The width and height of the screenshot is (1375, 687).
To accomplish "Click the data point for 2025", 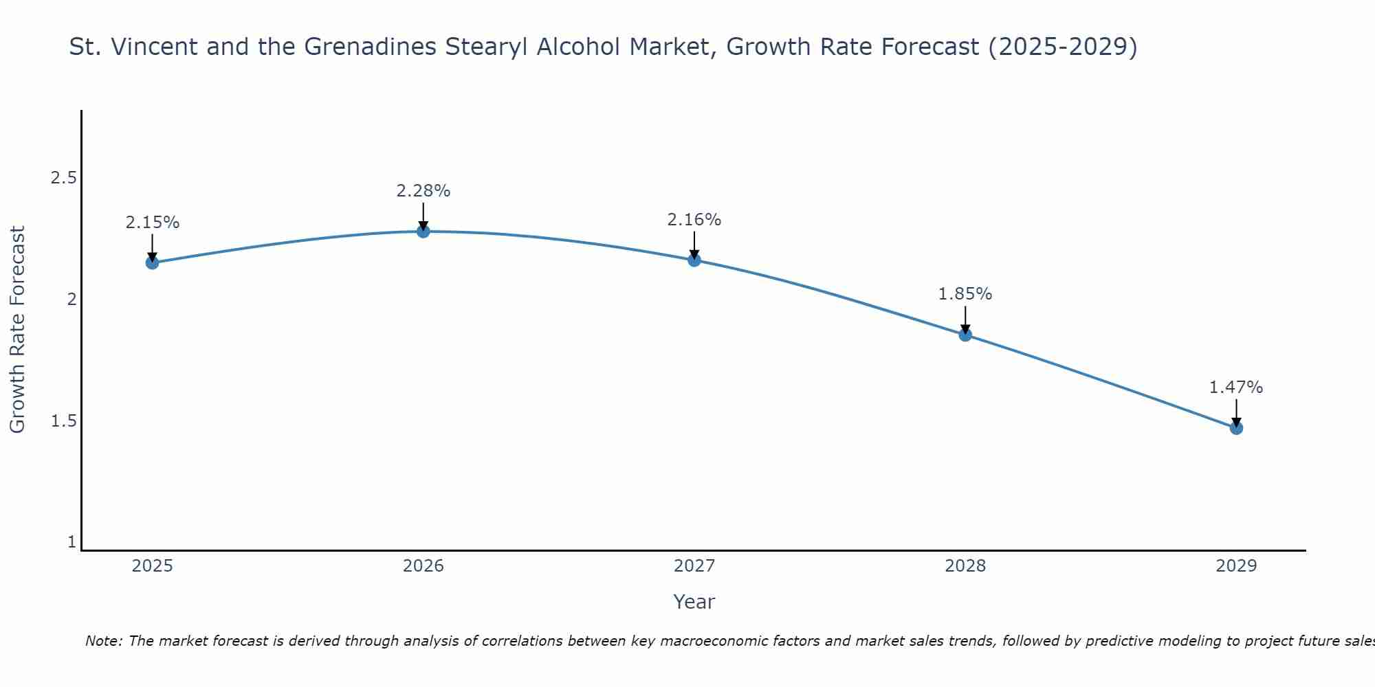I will click(x=152, y=262).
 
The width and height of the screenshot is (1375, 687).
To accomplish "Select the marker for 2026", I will click(x=423, y=232).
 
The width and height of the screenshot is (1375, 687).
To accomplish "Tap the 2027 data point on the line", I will click(x=694, y=260).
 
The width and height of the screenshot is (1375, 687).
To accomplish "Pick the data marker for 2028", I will click(x=965, y=335).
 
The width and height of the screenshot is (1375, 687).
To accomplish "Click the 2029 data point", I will click(x=1236, y=428).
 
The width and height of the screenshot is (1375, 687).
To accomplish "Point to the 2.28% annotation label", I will click(x=423, y=191).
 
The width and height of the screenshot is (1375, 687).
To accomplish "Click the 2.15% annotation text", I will click(x=153, y=223).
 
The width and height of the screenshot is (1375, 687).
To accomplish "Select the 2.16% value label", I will click(x=694, y=220).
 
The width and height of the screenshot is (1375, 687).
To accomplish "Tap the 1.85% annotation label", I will click(x=965, y=294).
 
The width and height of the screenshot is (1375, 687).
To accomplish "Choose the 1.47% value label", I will click(x=1236, y=387).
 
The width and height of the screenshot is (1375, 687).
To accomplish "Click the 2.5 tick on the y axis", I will click(x=64, y=178).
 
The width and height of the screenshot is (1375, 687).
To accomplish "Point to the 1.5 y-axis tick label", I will click(x=64, y=420).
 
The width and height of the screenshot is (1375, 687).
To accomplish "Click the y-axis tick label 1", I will click(x=71, y=542).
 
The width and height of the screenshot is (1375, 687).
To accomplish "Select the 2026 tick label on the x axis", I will click(x=423, y=566).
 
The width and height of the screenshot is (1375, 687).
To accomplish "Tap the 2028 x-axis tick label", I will click(x=965, y=566).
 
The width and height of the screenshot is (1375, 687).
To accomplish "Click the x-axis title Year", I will click(x=694, y=602).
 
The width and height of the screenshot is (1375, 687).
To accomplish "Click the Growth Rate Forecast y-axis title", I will click(x=18, y=330).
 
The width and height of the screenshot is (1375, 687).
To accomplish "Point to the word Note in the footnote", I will click(x=103, y=641).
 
